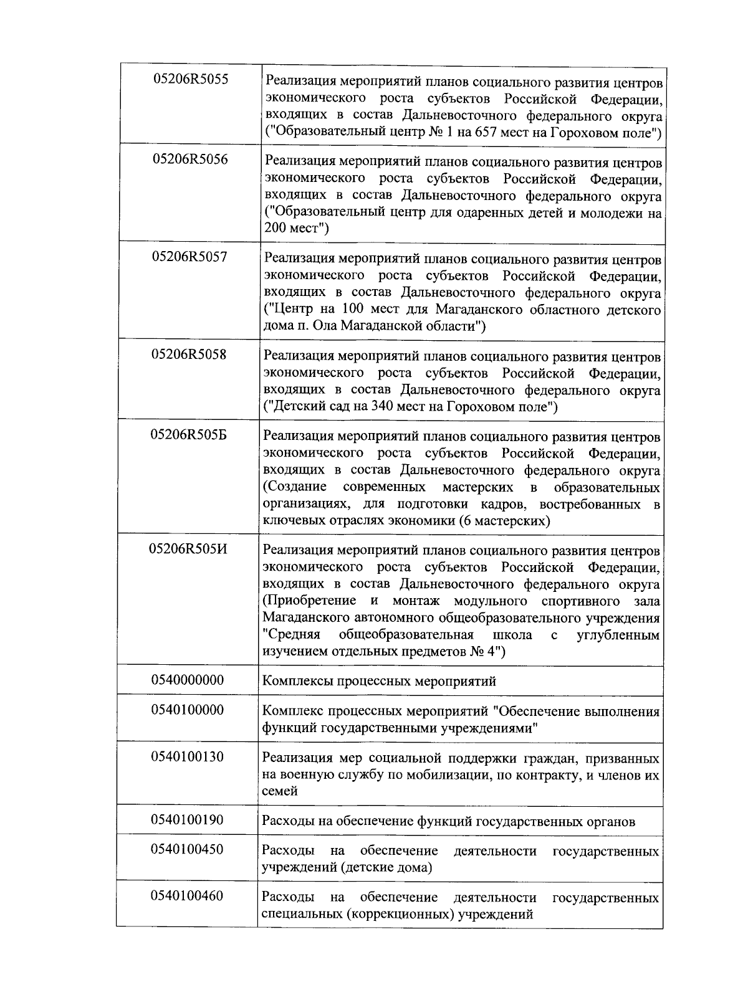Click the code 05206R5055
click(190, 80)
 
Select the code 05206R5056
click(190, 160)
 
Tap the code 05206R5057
click(189, 257)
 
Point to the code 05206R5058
click(189, 355)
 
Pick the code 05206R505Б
click(189, 435)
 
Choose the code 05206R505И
click(188, 549)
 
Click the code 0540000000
click(188, 680)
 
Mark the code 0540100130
click(188, 757)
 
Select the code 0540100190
click(187, 820)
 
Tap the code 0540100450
click(187, 849)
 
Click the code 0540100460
click(187, 896)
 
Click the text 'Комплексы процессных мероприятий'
click(379, 681)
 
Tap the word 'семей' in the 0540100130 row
click(280, 791)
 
